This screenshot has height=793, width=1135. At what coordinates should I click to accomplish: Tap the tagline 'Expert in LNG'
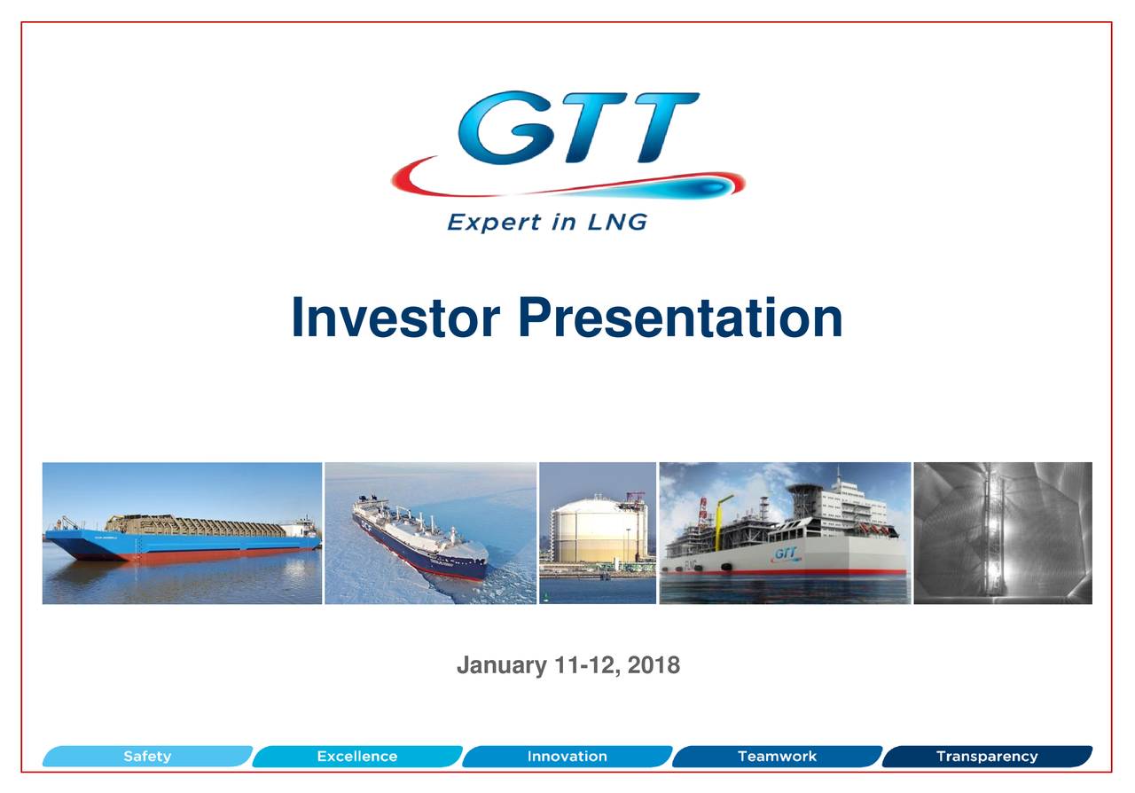[547, 221]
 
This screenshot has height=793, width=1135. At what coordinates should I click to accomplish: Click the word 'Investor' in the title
[396, 318]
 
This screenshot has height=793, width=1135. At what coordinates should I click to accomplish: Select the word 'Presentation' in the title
[680, 318]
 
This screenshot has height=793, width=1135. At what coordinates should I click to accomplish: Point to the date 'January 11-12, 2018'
[567, 665]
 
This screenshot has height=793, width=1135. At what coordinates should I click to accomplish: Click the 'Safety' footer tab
[147, 757]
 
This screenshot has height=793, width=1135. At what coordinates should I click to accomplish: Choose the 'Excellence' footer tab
[357, 757]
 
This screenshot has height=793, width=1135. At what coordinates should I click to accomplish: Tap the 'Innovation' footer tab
[567, 757]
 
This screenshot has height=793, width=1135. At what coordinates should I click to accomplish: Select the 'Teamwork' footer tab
[777, 757]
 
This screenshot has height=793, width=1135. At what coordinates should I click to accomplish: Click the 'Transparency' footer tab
[986, 757]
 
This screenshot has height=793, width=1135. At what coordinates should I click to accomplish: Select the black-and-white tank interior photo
[1003, 532]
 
